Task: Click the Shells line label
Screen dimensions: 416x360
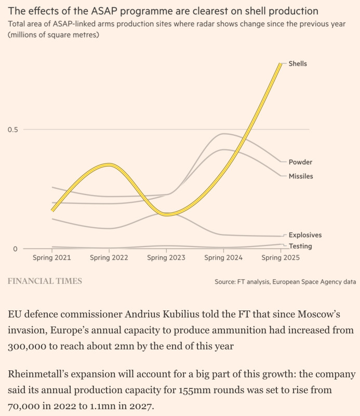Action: [298, 63]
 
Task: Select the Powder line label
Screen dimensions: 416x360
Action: [300, 162]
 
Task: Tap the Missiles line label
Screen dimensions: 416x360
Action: [301, 176]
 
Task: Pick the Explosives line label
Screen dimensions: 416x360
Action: [305, 235]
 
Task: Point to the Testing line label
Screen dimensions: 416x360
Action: [300, 246]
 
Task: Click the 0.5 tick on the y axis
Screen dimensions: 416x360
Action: [12, 129]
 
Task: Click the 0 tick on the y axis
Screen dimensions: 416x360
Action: [15, 249]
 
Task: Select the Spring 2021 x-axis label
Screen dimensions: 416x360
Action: [52, 257]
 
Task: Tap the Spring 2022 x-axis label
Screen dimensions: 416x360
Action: [109, 257]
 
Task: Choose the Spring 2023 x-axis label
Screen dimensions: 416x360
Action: [166, 257]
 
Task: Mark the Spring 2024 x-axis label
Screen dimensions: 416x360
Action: [223, 257]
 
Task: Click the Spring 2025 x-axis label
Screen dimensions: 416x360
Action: [281, 257]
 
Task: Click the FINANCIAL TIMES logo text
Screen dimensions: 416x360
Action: [45, 281]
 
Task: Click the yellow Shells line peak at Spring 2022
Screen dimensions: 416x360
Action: [108, 165]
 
